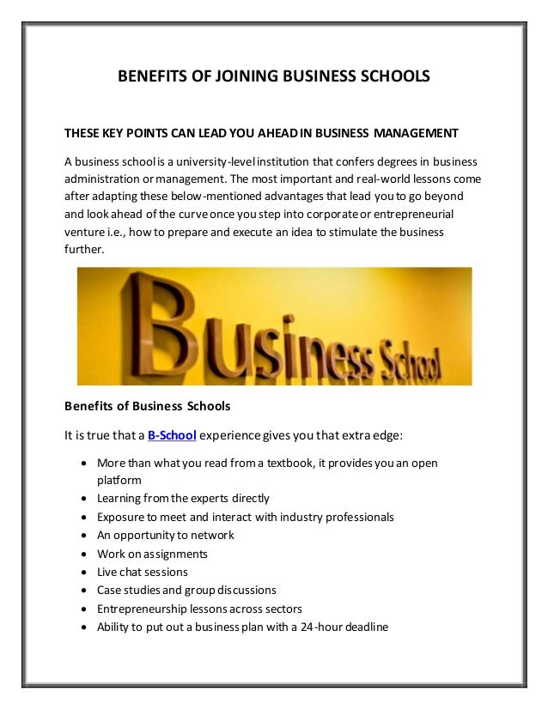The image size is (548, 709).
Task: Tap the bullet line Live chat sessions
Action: pyautogui.click(x=143, y=572)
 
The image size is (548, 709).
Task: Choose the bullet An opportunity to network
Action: pyautogui.click(x=166, y=535)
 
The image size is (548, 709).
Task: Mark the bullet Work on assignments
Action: pyautogui.click(x=153, y=554)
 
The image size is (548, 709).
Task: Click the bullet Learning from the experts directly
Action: pyautogui.click(x=183, y=498)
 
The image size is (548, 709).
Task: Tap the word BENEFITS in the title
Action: pyautogui.click(x=147, y=78)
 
